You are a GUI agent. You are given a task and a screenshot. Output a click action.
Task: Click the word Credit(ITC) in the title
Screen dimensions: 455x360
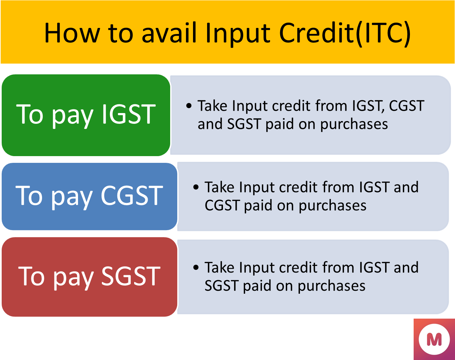tap(345, 34)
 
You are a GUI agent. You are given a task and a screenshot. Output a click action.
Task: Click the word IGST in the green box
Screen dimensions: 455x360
tap(129, 114)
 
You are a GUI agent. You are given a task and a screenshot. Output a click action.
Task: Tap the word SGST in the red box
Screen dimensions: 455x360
tap(131, 276)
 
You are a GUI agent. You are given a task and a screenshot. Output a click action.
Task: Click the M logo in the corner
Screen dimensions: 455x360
tap(434, 339)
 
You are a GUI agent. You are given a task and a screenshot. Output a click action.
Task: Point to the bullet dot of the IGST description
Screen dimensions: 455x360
tap(189, 106)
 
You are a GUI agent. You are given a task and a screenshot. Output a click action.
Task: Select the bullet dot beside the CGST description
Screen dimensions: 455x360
tap(196, 187)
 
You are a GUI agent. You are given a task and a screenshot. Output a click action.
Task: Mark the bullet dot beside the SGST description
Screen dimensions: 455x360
tap(196, 267)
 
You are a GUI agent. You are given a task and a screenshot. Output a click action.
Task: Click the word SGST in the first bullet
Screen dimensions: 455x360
tap(244, 124)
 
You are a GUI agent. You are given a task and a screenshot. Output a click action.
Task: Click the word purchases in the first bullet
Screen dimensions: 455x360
tap(354, 124)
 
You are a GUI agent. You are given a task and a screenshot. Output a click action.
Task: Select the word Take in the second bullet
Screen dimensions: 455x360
tap(220, 187)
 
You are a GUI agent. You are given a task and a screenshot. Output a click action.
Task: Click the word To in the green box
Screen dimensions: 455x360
tap(30, 114)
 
